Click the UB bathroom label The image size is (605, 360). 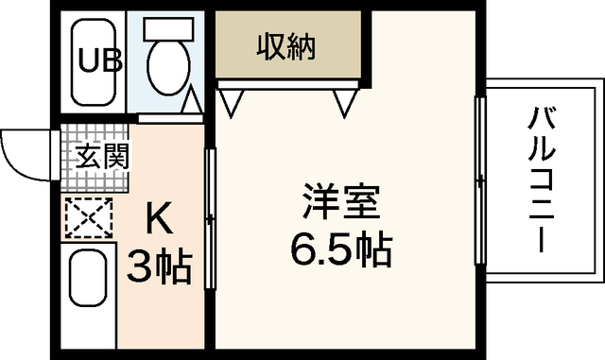point(99,63)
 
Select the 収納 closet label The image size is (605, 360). point(285,44)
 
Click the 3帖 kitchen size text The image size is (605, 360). point(161,267)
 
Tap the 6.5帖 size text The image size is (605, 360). point(340,250)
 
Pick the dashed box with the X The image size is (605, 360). point(88,218)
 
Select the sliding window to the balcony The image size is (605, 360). point(480,180)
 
